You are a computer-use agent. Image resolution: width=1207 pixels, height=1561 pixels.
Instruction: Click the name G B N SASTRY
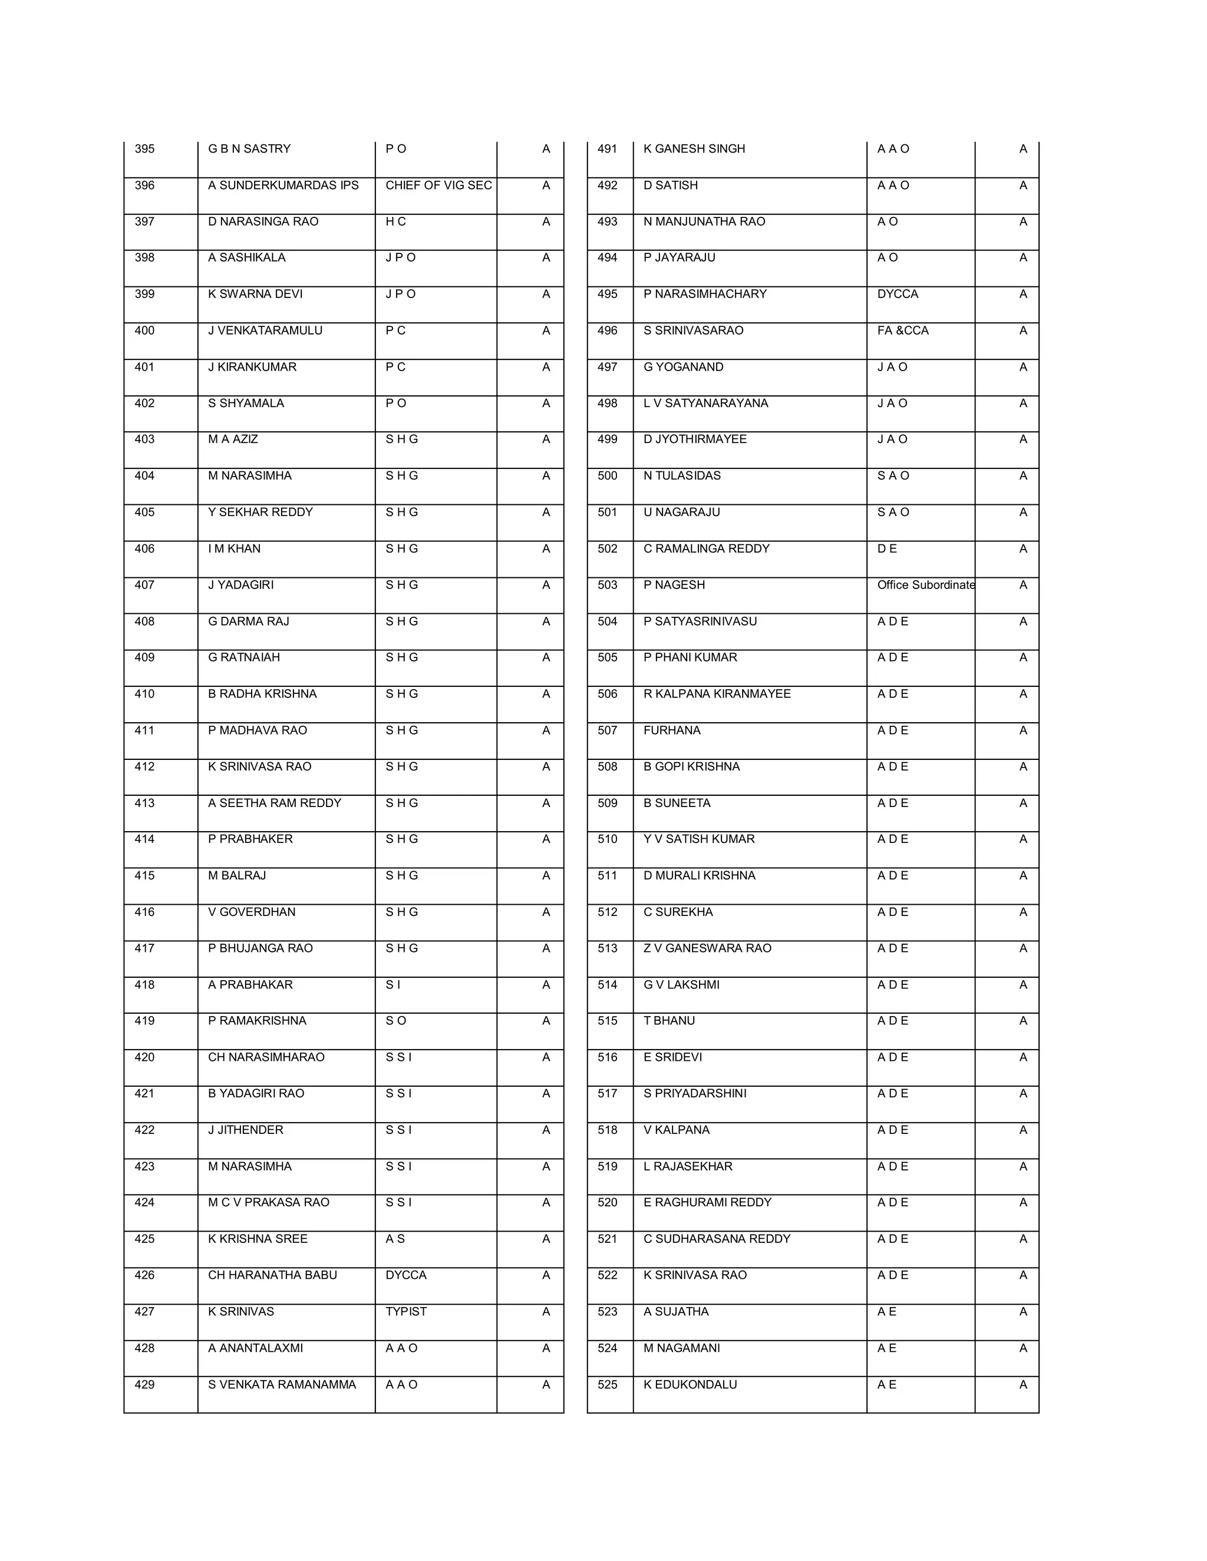tap(249, 148)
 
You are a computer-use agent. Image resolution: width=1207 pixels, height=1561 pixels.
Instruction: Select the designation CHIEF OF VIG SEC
tap(438, 185)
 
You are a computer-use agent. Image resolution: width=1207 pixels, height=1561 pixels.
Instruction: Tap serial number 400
tap(144, 330)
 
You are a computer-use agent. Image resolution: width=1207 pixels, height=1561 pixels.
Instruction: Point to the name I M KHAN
tap(234, 548)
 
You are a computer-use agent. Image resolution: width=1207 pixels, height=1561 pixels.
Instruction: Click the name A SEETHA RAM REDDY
tap(275, 803)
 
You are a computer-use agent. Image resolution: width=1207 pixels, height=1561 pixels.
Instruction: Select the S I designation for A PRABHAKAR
tap(393, 984)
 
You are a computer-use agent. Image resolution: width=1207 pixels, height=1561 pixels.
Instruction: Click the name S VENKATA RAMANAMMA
tap(282, 1384)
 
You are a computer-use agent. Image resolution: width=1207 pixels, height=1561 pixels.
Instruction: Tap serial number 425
tap(144, 1239)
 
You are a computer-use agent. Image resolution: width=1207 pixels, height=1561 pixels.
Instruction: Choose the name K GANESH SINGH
tap(694, 148)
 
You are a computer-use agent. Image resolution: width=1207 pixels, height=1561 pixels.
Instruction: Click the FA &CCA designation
tap(902, 330)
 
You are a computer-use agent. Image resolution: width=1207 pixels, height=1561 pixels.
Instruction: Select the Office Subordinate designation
tap(925, 585)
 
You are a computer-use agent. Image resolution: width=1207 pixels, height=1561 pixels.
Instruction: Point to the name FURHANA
tap(671, 730)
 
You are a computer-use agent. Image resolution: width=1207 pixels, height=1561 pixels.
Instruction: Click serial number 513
tap(607, 948)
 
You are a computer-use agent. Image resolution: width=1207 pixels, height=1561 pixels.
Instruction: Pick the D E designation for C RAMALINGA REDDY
tap(886, 548)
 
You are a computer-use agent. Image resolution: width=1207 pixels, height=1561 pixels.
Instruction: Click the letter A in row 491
tap(1023, 148)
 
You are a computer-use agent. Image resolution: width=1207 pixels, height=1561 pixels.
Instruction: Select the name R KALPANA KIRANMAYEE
tap(717, 693)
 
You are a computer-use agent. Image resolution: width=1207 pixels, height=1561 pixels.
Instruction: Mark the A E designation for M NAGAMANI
tap(886, 1348)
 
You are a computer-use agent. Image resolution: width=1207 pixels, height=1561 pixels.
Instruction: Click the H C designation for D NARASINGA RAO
tap(395, 221)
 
